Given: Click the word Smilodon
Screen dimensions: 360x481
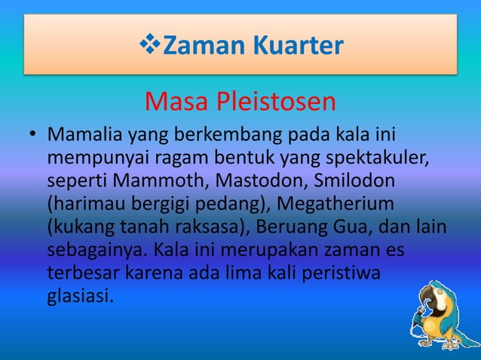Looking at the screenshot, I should (312, 183).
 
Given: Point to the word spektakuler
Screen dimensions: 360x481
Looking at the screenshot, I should (380, 160).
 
